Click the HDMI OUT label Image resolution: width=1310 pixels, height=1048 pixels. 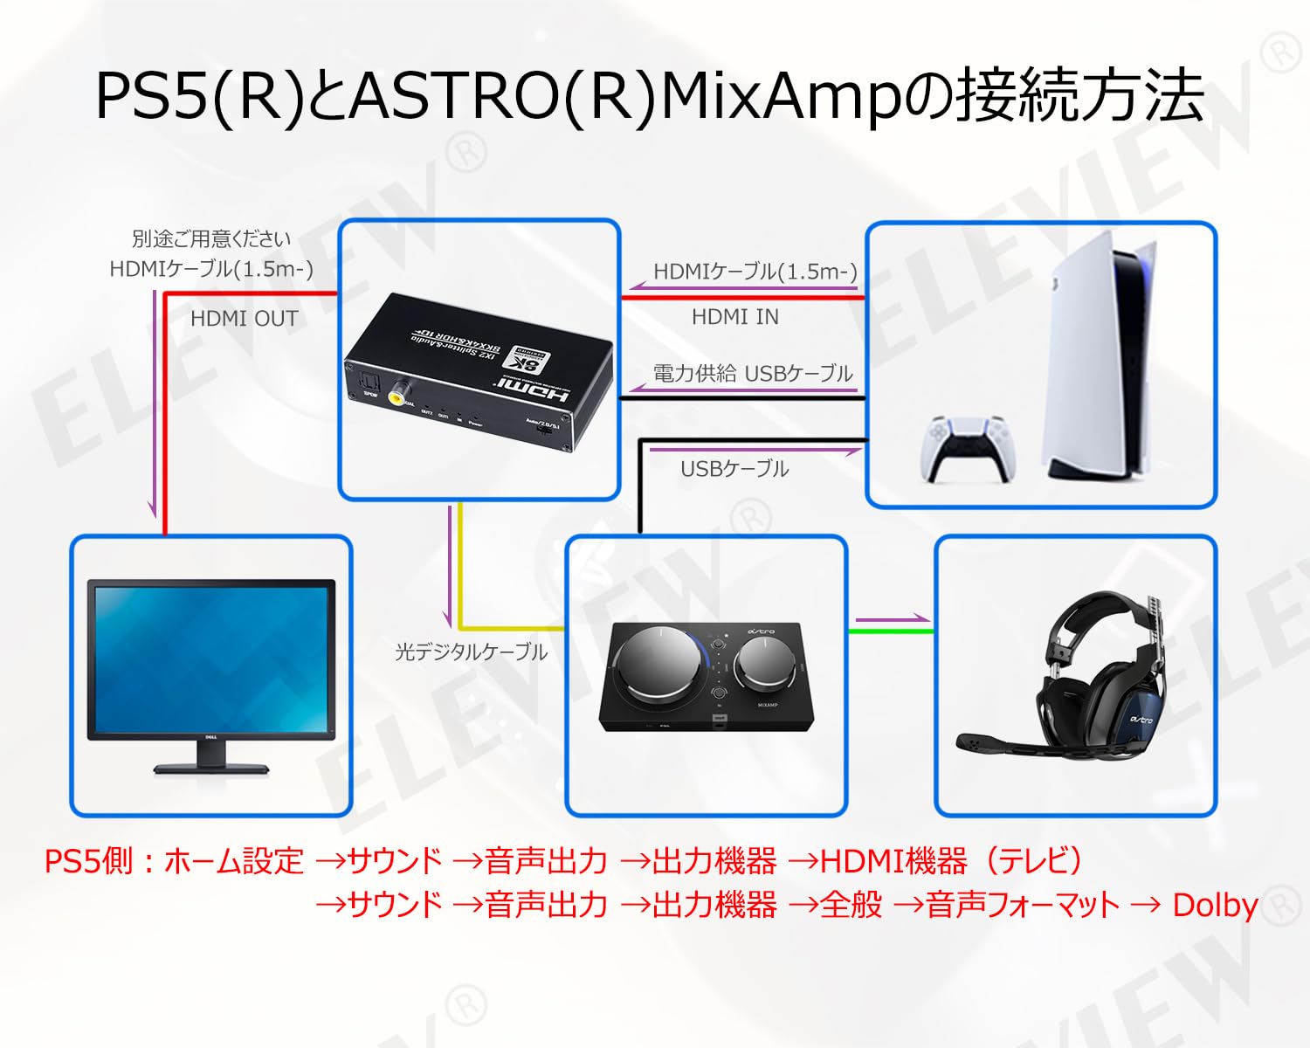[x=245, y=319]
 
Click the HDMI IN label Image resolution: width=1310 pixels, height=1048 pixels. [x=734, y=317]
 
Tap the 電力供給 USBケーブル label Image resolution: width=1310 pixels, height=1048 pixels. [x=753, y=374]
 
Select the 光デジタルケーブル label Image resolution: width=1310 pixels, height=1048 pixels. [x=471, y=652]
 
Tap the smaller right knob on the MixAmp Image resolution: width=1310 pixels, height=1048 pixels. [x=764, y=661]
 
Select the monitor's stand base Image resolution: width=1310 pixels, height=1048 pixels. [x=211, y=768]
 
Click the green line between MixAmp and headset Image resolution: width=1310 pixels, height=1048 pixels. [x=891, y=631]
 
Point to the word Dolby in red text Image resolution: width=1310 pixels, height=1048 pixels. [x=1215, y=905]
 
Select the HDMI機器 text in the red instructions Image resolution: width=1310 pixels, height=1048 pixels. [x=893, y=861]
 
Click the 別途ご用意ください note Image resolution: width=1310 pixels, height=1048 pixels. [x=211, y=238]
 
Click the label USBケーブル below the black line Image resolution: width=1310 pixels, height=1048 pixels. [x=734, y=469]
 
